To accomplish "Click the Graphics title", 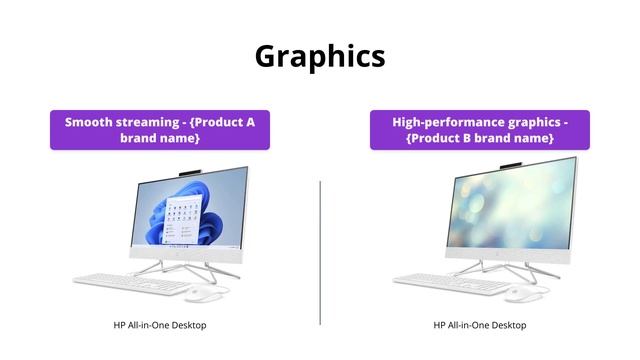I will pos(320,56).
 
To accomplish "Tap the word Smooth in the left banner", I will pos(88,122).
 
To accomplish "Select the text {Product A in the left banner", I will pos(222,122).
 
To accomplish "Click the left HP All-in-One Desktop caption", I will pos(160,325).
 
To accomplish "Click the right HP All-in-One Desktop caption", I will pos(480,325).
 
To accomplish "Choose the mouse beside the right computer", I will pos(519,294).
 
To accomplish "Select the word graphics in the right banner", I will pos(531,122).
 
